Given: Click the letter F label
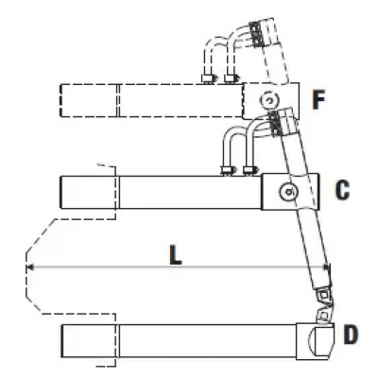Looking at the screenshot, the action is pos(318,99).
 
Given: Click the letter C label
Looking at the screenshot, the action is pos(342,190).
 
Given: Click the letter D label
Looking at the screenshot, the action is pos(351,335).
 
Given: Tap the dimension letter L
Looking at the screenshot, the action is pos(176,254).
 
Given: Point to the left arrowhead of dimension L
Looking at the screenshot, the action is pos(29,267).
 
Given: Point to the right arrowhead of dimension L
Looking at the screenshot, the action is pos(327,267).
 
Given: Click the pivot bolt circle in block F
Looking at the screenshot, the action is pos(269,101).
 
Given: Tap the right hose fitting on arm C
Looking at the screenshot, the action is pos(250,170).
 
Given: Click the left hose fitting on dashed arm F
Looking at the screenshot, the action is pos(208,78).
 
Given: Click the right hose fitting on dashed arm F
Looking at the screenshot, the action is pos(231,78).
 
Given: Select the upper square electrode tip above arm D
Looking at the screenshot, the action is pos(323,296).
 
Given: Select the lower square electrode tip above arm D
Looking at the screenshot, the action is pos(322,316).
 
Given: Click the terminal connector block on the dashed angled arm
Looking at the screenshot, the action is pos(256,34).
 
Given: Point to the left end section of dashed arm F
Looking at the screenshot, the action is pos(89,101).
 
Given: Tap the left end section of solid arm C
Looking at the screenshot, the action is pos(89,192).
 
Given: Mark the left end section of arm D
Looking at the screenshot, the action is pos(89,341).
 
